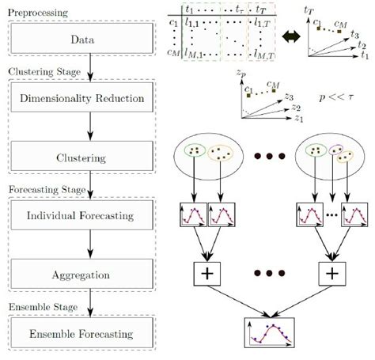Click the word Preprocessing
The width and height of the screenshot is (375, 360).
(x=39, y=12)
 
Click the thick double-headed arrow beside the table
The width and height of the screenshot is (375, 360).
(x=290, y=36)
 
